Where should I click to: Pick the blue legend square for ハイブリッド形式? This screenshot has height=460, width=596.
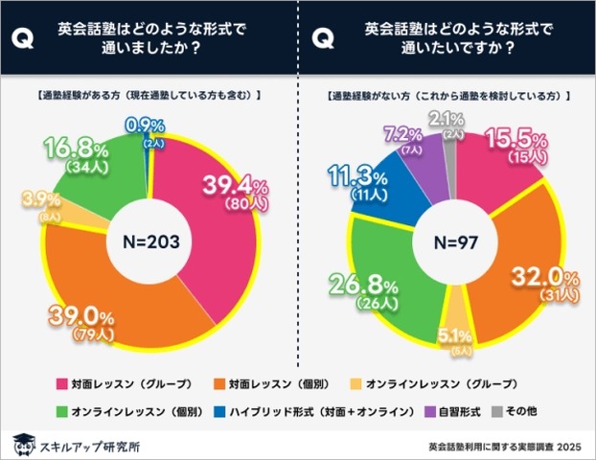click(225, 410)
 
